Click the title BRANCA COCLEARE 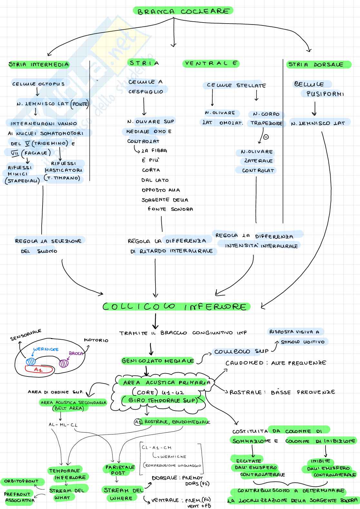[183, 11]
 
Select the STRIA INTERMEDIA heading [39, 65]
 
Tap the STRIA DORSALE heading [315, 65]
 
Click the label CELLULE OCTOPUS [38, 84]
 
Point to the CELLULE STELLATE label [236, 85]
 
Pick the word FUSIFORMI [325, 94]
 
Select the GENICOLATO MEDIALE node [158, 361]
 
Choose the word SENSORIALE [25, 335]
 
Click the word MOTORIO [96, 340]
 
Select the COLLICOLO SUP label [241, 352]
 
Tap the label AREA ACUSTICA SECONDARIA [73, 403]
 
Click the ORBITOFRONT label [21, 481]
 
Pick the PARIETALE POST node [120, 470]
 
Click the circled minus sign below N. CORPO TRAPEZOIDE [266, 137]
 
